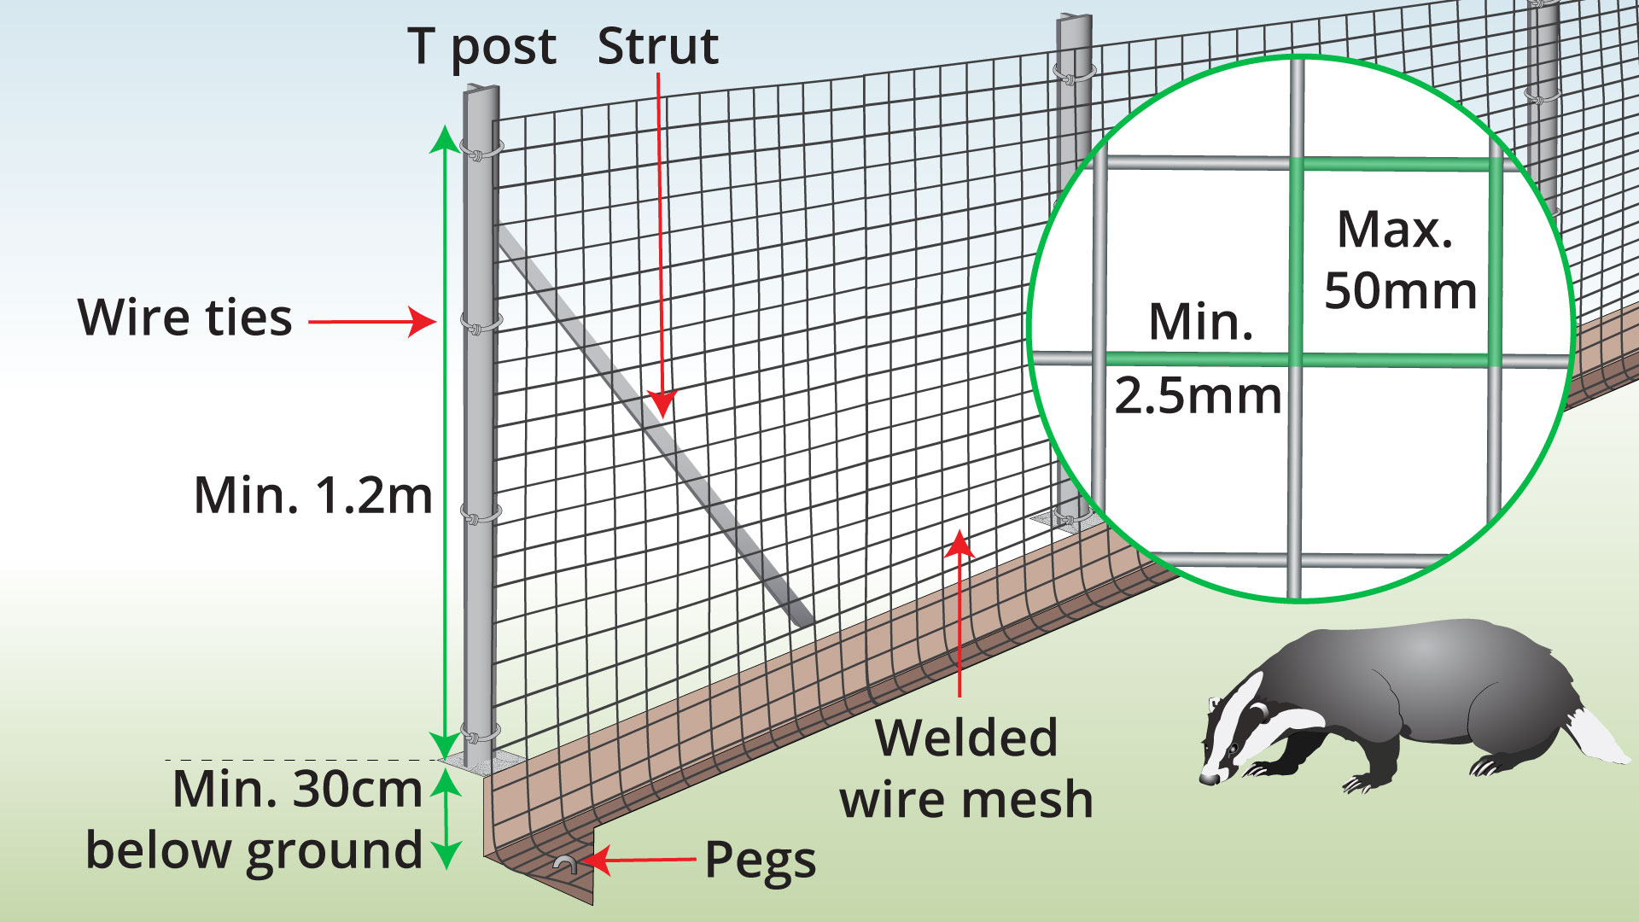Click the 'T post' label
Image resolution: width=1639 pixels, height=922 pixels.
point(481,47)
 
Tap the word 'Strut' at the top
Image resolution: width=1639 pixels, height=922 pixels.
point(657,46)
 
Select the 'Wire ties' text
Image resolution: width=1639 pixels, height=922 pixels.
point(185,318)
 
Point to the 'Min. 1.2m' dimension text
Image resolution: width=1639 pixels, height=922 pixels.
point(313,495)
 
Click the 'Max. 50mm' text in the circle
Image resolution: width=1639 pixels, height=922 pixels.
point(1400,260)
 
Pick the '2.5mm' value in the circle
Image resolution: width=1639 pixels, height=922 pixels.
point(1199,396)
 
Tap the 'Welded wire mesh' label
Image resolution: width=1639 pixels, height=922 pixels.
point(966,768)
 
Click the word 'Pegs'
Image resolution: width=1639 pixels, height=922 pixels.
point(760,861)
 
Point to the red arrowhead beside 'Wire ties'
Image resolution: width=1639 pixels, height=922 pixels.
point(423,322)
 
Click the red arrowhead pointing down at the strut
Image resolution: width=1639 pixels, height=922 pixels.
point(662,403)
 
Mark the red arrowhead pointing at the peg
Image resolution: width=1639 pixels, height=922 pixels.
point(596,861)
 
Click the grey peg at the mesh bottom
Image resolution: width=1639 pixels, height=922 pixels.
point(564,864)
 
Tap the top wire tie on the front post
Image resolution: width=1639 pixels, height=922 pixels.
point(481,151)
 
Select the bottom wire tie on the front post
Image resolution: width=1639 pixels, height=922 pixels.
point(481,732)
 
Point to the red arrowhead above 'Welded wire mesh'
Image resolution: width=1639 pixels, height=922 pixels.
point(960,544)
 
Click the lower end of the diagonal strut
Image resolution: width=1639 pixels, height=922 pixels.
point(804,621)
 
